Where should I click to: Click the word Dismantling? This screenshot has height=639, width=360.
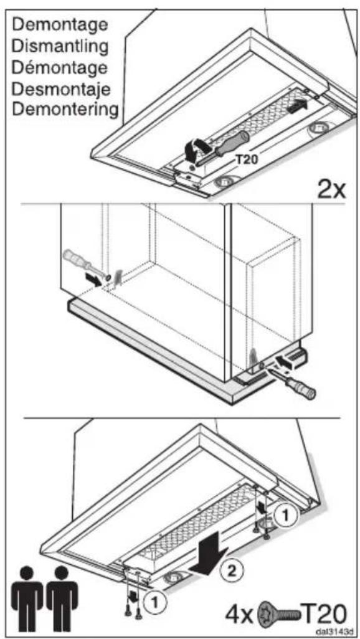tap(60, 46)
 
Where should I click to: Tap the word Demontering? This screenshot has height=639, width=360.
tap(65, 110)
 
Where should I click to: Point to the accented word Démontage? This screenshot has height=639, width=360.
tap(60, 67)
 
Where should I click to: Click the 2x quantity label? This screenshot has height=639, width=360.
tap(331, 188)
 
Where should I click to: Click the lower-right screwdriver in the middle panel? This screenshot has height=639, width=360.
tap(293, 381)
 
